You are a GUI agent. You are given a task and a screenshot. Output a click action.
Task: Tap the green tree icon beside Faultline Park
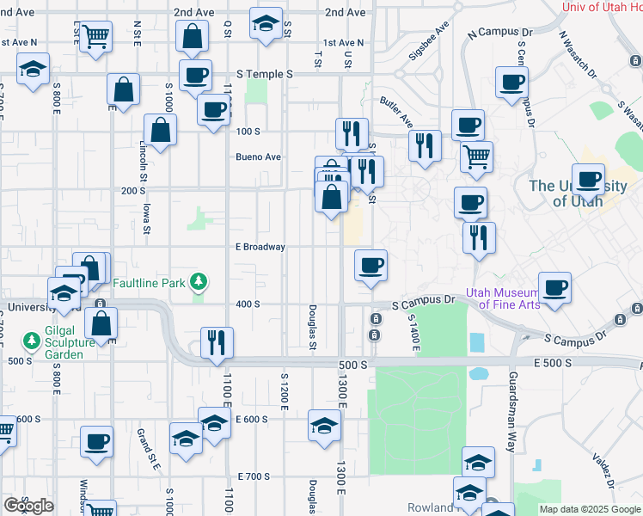click(x=199, y=281)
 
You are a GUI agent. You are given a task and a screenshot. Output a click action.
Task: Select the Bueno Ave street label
click(x=259, y=157)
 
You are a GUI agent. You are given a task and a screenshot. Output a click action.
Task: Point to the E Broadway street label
click(x=260, y=247)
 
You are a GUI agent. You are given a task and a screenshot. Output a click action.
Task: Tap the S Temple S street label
click(x=266, y=75)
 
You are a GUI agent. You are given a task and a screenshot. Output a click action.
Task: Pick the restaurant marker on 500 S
click(x=217, y=341)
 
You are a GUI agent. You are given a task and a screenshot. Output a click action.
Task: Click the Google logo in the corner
click(x=28, y=506)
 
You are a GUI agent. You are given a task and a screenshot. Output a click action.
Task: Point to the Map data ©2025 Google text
click(x=589, y=509)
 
